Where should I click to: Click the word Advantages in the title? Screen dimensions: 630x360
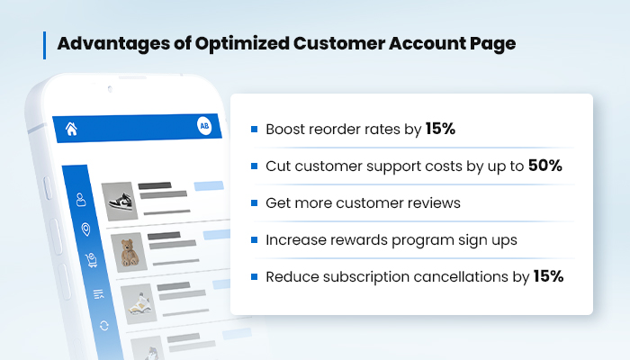pos(113,43)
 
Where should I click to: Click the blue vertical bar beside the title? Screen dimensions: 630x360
pos(44,45)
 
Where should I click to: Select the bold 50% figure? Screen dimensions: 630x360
pos(545,166)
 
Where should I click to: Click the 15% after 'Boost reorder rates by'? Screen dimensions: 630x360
pos(440,129)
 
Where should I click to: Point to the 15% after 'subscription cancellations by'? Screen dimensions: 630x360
pos(548,276)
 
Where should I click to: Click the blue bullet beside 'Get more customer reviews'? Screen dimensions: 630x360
pos(254,202)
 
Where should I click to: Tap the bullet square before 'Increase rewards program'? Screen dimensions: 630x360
pos(254,240)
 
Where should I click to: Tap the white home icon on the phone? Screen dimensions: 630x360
pos(71,129)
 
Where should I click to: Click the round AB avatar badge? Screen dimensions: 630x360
pos(204,126)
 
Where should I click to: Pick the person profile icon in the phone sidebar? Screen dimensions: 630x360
pos(81,200)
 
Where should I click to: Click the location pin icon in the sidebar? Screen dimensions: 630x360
pos(85,229)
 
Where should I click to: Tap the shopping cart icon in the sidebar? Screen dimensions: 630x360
pos(91,260)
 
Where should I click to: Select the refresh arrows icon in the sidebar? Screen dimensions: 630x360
pos(104,326)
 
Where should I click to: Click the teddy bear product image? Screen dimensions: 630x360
pos(129,252)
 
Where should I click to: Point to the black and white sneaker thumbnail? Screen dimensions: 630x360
pos(119,202)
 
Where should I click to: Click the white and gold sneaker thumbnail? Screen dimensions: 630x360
pos(139,304)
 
